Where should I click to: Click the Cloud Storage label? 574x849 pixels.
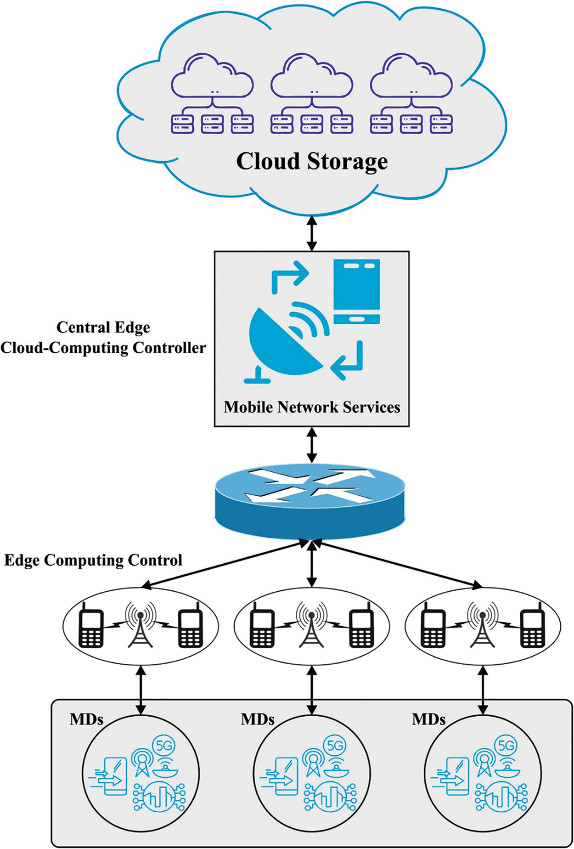[x=312, y=161]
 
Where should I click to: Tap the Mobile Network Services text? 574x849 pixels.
[x=312, y=407]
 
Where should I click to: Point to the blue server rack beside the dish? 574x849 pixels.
[x=357, y=291]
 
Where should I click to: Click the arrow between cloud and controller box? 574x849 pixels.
[x=312, y=233]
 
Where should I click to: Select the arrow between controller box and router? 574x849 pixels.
[x=312, y=445]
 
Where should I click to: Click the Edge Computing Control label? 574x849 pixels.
[x=93, y=560]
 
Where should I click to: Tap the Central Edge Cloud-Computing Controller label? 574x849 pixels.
[x=103, y=338]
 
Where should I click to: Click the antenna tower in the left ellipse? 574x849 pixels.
[x=141, y=626]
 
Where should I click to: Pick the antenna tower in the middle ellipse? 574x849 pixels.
[x=312, y=626]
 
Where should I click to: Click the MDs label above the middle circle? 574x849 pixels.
[x=257, y=719]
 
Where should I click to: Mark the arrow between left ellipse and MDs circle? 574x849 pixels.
[x=141, y=691]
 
